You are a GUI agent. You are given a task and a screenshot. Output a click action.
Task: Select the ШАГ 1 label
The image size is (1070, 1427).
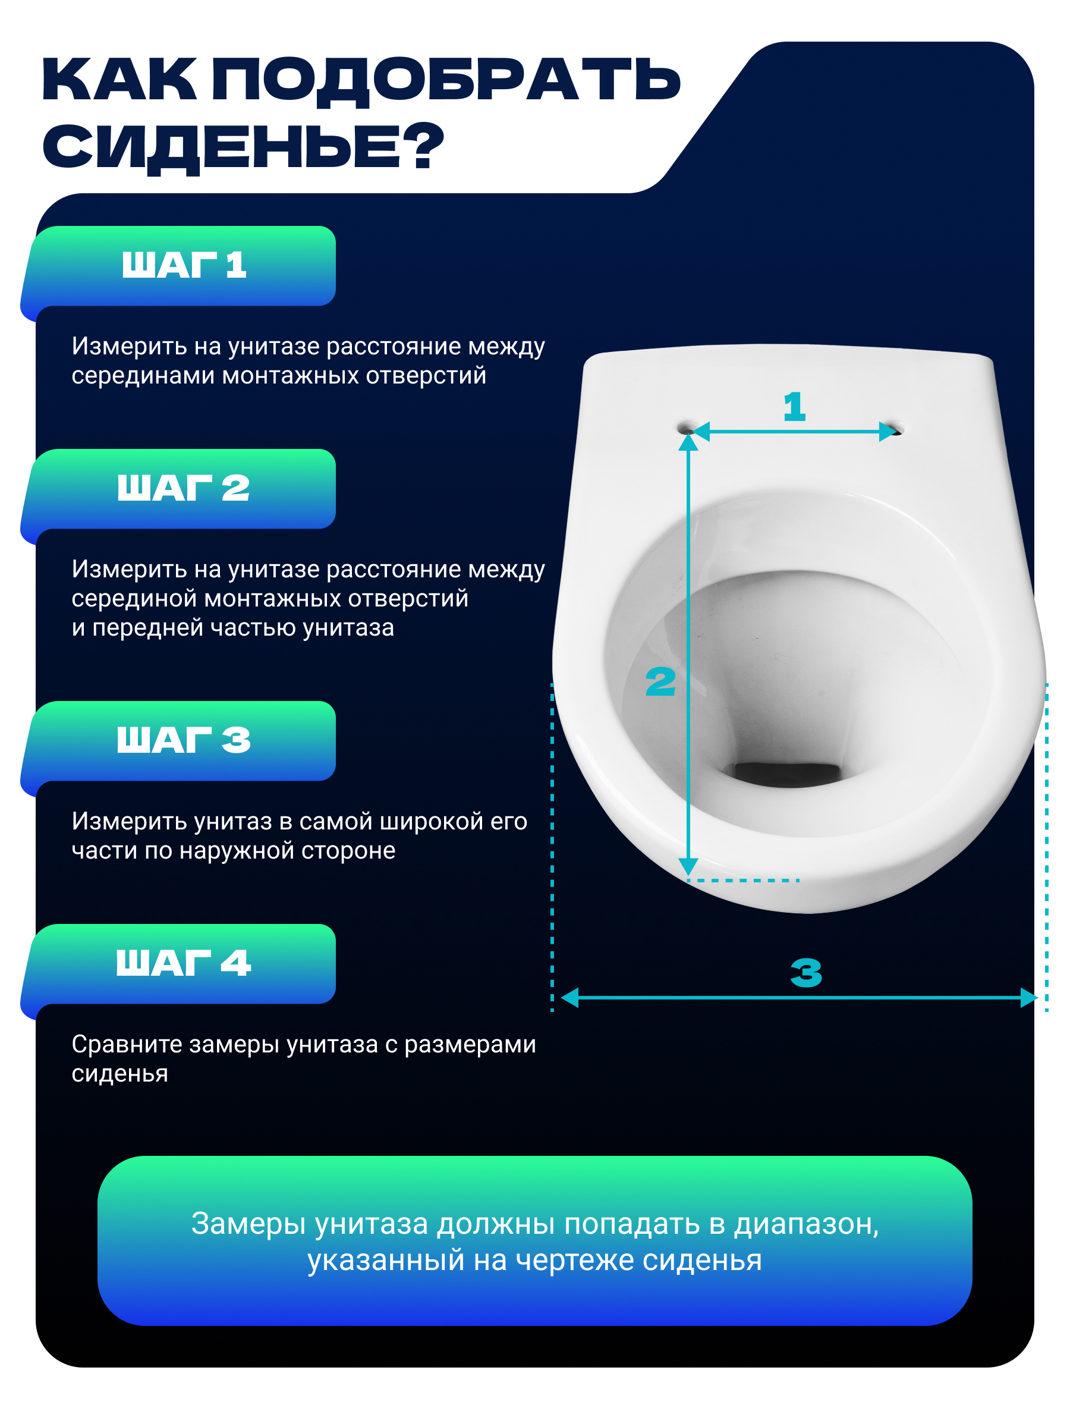tap(184, 265)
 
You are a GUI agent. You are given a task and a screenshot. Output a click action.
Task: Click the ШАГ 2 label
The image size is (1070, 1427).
tap(183, 488)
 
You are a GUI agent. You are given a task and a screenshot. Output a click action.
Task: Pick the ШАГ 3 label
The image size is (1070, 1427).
tap(183, 740)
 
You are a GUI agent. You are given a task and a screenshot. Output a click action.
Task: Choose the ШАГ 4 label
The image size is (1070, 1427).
tap(183, 963)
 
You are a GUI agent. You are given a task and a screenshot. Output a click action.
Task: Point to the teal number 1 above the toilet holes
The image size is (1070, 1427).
tap(795, 407)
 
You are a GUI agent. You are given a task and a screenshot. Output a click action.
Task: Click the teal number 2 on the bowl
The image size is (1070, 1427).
tap(660, 682)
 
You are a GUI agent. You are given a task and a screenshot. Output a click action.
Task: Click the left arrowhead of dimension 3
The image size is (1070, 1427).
tap(569, 997)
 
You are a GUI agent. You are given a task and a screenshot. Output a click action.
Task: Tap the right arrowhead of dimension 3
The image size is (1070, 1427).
tap(1029, 997)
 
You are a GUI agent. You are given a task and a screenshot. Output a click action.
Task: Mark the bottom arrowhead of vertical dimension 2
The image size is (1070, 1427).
tap(689, 866)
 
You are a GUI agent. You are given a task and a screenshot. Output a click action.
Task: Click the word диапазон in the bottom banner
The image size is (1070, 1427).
tap(806, 1225)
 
